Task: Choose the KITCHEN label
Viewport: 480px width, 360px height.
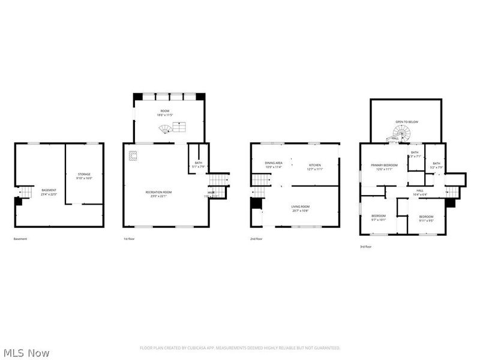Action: point(316,167)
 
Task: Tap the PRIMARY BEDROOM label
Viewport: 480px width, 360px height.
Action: point(384,167)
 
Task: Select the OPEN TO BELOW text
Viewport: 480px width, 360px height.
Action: point(407,122)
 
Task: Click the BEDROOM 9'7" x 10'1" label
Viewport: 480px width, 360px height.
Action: point(378,217)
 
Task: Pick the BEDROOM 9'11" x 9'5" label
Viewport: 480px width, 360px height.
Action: point(426,218)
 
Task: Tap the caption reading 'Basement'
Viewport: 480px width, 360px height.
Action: point(20,239)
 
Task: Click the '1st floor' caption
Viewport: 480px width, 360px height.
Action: point(129,239)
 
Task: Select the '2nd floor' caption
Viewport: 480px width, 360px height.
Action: point(256,239)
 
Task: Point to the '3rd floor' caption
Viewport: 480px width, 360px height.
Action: point(365,246)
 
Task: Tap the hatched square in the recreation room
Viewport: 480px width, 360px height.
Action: point(133,156)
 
